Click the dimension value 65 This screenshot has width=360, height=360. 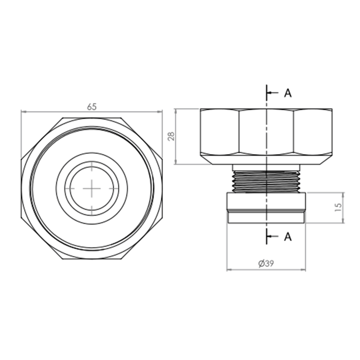(x=92, y=107)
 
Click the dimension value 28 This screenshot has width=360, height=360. (x=171, y=136)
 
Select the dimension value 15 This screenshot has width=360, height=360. (x=338, y=208)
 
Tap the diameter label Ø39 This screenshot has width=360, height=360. (x=266, y=263)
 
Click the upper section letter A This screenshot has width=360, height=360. (x=287, y=93)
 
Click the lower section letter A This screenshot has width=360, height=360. (x=287, y=237)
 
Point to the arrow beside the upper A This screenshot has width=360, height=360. (x=273, y=93)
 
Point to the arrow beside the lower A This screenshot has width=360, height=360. (x=273, y=236)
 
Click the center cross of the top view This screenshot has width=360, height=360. (x=92, y=189)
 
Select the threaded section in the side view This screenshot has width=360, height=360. (x=266, y=182)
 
